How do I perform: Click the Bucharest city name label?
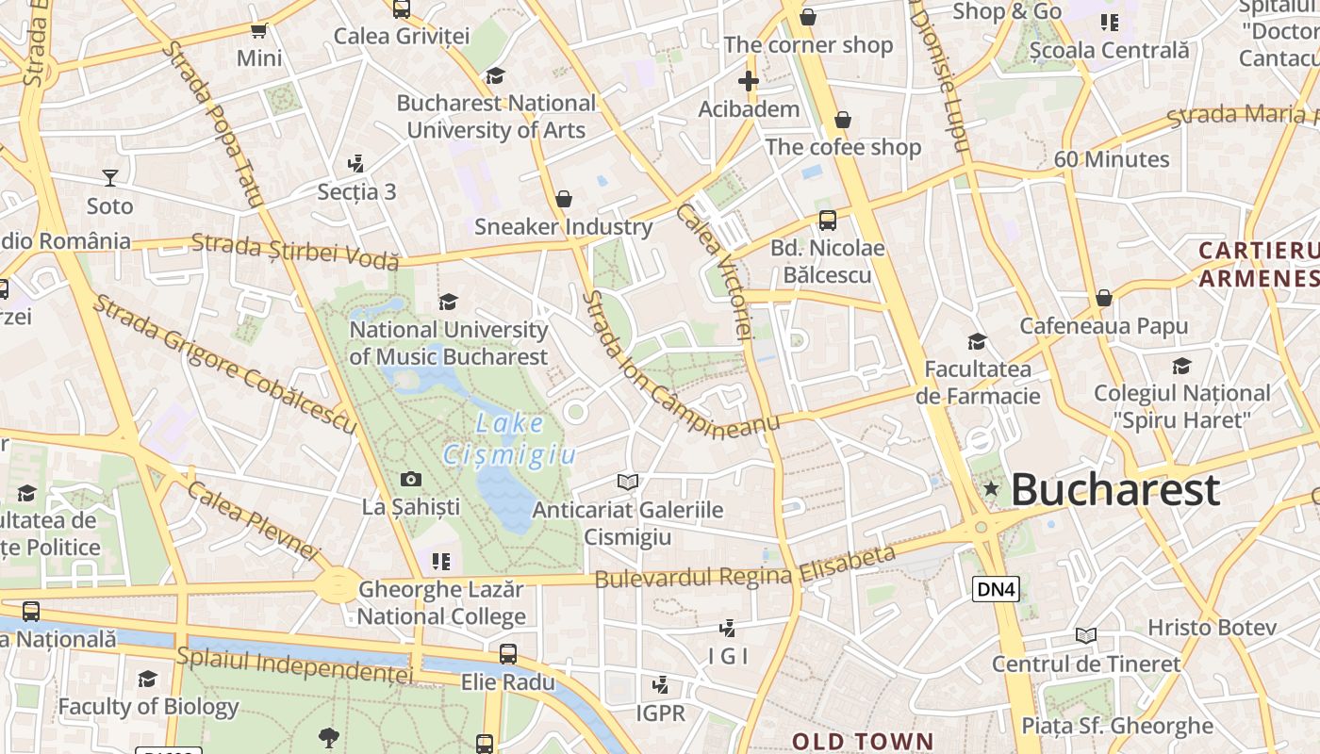click(1115, 490)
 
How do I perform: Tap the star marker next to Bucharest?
click(991, 488)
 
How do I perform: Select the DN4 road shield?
click(996, 590)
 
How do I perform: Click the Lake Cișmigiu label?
click(510, 439)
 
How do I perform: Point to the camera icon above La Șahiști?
click(411, 480)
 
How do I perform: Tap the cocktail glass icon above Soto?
click(110, 178)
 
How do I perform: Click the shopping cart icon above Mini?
click(259, 30)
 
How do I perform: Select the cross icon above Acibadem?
click(749, 81)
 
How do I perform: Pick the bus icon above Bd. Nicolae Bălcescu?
click(828, 221)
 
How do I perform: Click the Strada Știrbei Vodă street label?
click(295, 252)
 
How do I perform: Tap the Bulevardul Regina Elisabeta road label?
click(745, 567)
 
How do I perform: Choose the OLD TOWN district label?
click(862, 741)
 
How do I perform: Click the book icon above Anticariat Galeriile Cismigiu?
click(628, 483)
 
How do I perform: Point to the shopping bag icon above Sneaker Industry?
click(564, 199)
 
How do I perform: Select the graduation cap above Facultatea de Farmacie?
click(978, 341)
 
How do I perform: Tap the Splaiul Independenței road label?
click(295, 664)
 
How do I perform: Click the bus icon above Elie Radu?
click(508, 653)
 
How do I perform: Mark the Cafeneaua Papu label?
click(1104, 326)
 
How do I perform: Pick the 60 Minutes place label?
click(1112, 159)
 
